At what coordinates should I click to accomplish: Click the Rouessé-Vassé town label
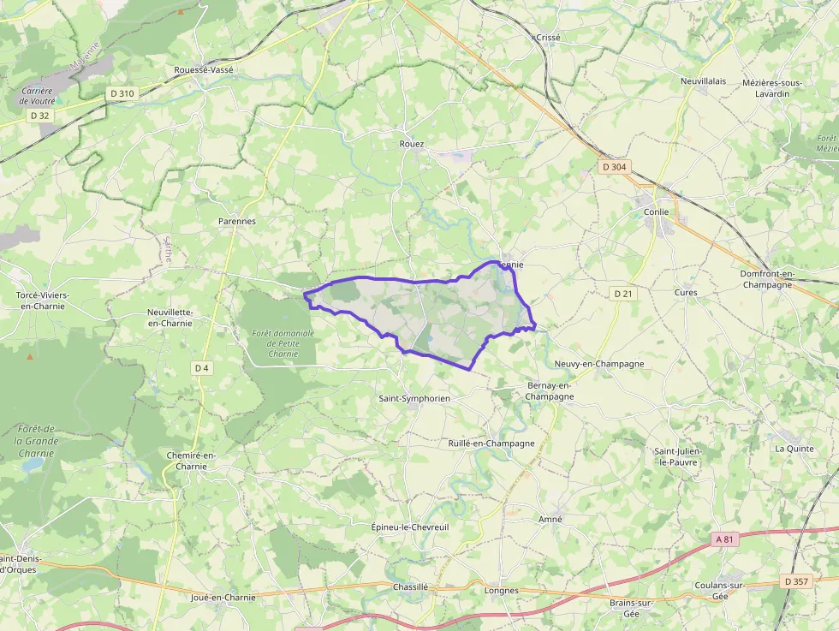pyautogui.click(x=203, y=69)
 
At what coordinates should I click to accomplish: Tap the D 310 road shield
pyautogui.click(x=122, y=92)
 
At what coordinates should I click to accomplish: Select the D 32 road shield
pyautogui.click(x=39, y=115)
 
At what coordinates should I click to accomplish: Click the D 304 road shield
pyautogui.click(x=614, y=167)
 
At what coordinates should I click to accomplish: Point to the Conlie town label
pyautogui.click(x=657, y=211)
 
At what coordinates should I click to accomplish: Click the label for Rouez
pyautogui.click(x=412, y=144)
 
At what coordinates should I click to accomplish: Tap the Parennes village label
pyautogui.click(x=237, y=221)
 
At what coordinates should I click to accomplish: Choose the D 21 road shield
pyautogui.click(x=623, y=294)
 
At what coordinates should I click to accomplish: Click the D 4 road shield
pyautogui.click(x=201, y=368)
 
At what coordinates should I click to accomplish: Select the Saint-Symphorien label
pyautogui.click(x=414, y=399)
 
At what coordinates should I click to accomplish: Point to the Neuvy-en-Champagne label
pyautogui.click(x=598, y=364)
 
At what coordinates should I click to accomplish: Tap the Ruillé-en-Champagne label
pyautogui.click(x=491, y=443)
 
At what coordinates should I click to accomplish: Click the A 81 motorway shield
pyautogui.click(x=724, y=539)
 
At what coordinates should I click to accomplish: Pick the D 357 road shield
pyautogui.click(x=796, y=581)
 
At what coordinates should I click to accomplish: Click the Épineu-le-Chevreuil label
pyautogui.click(x=410, y=527)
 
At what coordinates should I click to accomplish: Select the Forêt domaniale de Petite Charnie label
pyautogui.click(x=283, y=343)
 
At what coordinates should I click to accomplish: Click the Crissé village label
pyautogui.click(x=547, y=38)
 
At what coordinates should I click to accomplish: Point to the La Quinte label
pyautogui.click(x=794, y=448)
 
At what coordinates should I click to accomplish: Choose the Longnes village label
pyautogui.click(x=501, y=591)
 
